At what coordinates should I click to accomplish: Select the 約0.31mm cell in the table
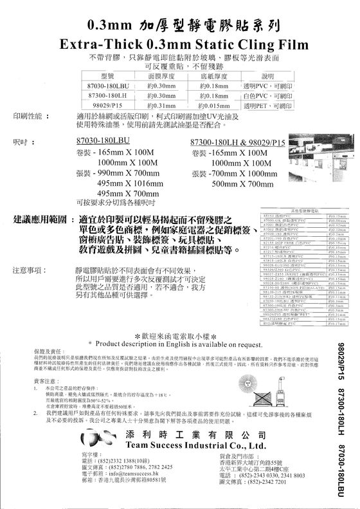pyautogui.click(x=161, y=105)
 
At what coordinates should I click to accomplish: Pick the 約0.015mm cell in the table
pyautogui.click(x=215, y=105)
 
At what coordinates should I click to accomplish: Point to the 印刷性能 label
pyautogui.click(x=28, y=116)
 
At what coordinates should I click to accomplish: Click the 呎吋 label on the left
pyautogui.click(x=21, y=140)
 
